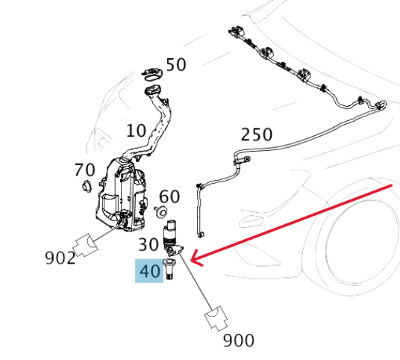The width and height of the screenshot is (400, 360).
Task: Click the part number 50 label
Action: [x=176, y=64]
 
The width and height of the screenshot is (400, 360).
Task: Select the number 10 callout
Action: [x=137, y=131]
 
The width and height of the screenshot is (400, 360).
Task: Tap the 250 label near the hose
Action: [x=257, y=134]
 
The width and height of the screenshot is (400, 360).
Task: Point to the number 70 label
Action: [x=84, y=170]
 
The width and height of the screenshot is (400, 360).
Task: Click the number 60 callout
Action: [x=169, y=196]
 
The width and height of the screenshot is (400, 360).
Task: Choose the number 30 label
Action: [x=149, y=244]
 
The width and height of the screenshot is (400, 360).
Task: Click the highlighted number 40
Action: [x=149, y=271]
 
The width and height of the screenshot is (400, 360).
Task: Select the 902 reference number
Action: [x=60, y=258]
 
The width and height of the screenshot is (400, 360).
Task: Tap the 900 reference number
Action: [x=239, y=341]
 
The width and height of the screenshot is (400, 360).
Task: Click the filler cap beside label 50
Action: [x=152, y=74]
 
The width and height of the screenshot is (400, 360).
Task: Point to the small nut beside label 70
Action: [x=87, y=186]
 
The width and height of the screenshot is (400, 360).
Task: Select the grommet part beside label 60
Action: [x=161, y=212]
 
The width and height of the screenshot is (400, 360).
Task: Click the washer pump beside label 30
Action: [x=172, y=238]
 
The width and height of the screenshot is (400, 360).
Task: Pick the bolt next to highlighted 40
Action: [x=169, y=269]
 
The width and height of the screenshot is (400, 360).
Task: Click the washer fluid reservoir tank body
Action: [x=121, y=194]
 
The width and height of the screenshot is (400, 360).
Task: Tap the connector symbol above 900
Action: [x=216, y=318]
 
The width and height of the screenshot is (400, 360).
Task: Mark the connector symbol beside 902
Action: [x=85, y=245]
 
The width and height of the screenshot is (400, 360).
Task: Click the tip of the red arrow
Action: [x=191, y=261]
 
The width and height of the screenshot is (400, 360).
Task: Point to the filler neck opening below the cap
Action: [x=153, y=90]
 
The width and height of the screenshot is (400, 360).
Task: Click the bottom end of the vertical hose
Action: [x=201, y=235]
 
